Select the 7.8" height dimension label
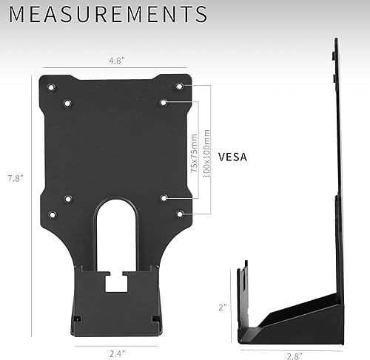click(16, 178)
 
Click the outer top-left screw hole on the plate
click(51, 87)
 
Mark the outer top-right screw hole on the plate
click(179, 86)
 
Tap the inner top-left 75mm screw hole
click(67, 103)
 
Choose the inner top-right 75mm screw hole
click(163, 103)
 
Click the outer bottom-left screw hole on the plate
click(51, 214)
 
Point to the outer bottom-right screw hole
click(179, 214)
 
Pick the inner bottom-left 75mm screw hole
click(67, 198)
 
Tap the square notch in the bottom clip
click(115, 281)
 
